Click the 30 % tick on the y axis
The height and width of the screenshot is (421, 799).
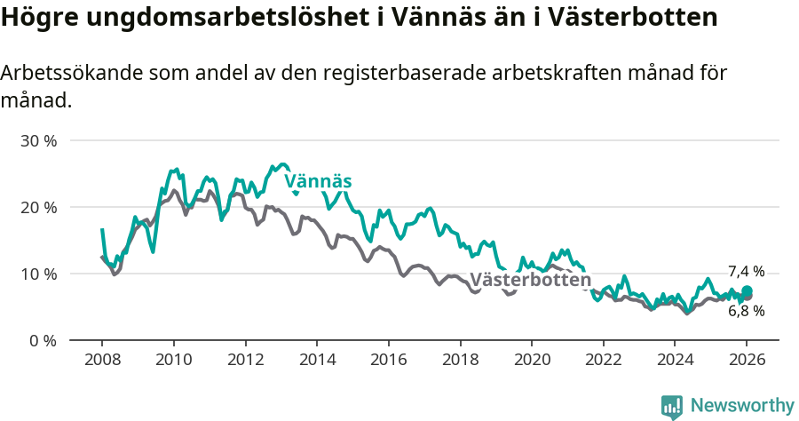click(x=38, y=140)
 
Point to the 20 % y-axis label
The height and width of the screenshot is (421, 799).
click(x=38, y=207)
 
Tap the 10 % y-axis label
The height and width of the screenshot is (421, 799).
click(x=38, y=274)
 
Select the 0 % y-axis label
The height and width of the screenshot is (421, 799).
click(x=43, y=340)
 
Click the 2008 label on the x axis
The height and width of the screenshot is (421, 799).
click(x=102, y=361)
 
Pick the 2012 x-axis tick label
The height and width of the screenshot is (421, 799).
click(x=245, y=361)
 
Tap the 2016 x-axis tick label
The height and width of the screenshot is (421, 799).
click(x=388, y=361)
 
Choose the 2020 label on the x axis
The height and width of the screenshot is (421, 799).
click(x=531, y=361)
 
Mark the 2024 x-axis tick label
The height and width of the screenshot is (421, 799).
click(x=674, y=361)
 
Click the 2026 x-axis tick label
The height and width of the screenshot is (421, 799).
click(x=746, y=361)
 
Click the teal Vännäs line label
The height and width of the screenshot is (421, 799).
click(x=318, y=182)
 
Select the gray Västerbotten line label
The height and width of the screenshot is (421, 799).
click(x=530, y=281)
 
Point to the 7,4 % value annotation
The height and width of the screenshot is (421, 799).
click(x=746, y=272)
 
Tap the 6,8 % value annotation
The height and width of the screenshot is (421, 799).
click(x=746, y=311)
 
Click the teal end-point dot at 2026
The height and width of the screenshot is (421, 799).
click(x=747, y=291)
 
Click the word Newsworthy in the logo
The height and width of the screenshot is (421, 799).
click(x=741, y=406)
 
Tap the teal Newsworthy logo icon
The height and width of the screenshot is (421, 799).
click(x=672, y=407)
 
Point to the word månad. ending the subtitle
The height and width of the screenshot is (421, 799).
click(x=36, y=100)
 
